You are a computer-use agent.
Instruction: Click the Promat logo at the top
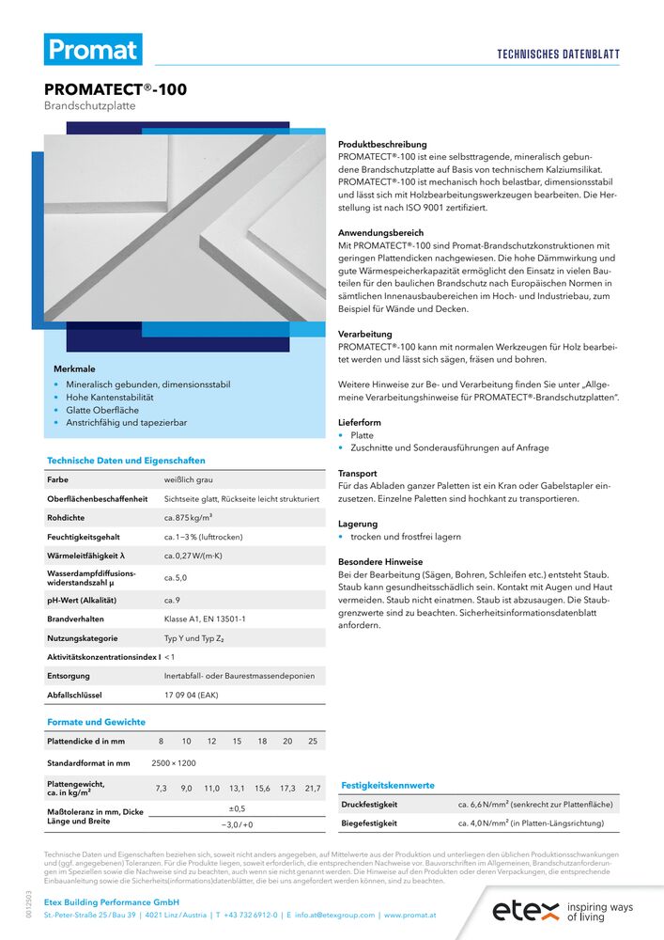pyautogui.click(x=93, y=50)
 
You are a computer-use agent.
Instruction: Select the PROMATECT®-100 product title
pyautogui.click(x=116, y=90)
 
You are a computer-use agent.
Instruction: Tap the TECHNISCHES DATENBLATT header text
pyautogui.click(x=558, y=55)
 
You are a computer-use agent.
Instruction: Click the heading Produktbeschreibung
pyautogui.click(x=381, y=145)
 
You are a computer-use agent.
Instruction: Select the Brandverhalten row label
pyautogui.click(x=75, y=619)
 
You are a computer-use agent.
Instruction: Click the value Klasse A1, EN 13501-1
pyautogui.click(x=205, y=619)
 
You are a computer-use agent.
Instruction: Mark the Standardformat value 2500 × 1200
pyautogui.click(x=174, y=762)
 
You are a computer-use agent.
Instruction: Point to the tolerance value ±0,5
pyautogui.click(x=238, y=808)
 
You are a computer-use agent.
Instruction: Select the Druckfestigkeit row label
pyautogui.click(x=368, y=805)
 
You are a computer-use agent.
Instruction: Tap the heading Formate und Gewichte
pyautogui.click(x=96, y=722)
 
